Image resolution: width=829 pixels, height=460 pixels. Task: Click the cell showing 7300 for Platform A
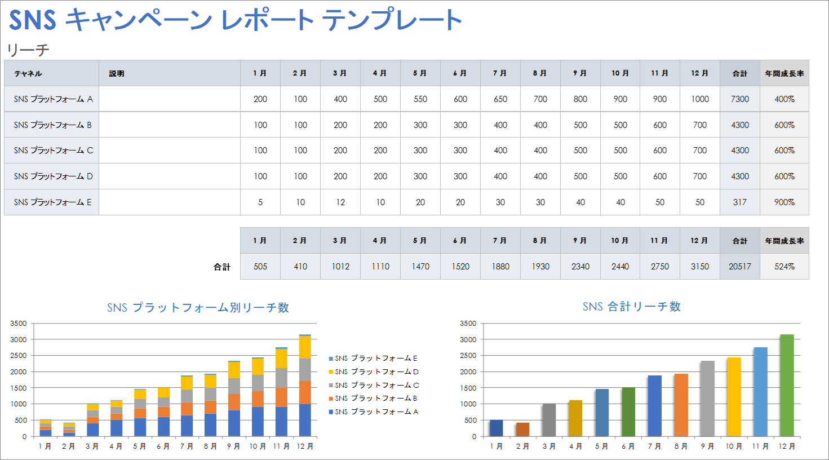[739, 99]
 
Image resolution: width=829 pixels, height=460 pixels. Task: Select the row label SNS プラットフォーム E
[52, 202]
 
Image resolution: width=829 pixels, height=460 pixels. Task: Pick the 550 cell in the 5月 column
[420, 99]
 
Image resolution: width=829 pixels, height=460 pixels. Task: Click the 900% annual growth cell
[784, 202]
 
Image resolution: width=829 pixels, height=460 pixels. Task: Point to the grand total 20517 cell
[739, 267]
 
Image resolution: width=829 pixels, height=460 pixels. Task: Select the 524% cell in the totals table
[784, 267]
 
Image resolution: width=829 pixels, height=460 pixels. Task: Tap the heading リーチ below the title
[28, 50]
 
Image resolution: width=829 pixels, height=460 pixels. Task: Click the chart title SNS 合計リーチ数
[631, 307]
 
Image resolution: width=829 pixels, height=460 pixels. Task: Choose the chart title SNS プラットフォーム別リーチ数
[198, 308]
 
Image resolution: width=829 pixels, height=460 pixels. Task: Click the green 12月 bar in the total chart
[787, 386]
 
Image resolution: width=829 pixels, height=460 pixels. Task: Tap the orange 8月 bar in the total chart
[681, 406]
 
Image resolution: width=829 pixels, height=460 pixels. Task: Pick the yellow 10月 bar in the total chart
[734, 397]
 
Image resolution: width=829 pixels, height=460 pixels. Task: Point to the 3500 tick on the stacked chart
[19, 324]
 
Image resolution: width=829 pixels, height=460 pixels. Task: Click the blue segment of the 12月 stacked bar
[305, 420]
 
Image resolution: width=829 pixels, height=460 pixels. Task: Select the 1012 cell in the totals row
[340, 267]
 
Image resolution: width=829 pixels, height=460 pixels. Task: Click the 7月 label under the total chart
[654, 446]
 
